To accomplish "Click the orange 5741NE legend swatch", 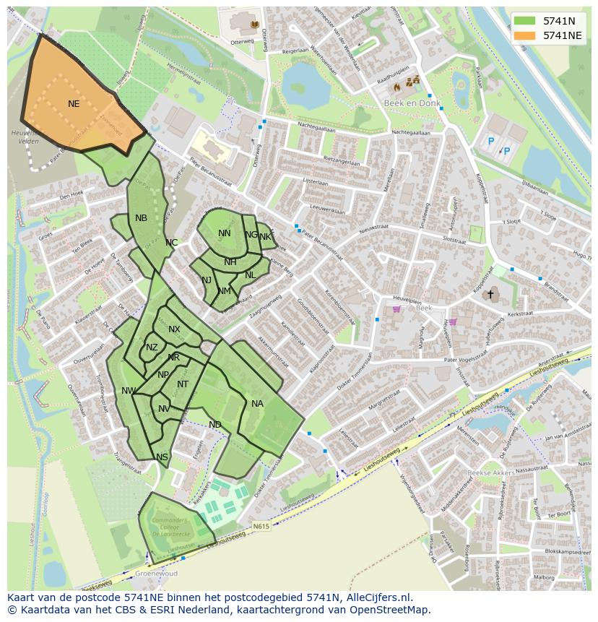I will pyautogui.click(x=525, y=35).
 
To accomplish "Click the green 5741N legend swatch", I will pyautogui.click(x=525, y=21).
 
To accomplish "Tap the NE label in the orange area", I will pyautogui.click(x=74, y=104).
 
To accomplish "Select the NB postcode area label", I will pyautogui.click(x=141, y=218).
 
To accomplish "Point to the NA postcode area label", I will pyautogui.click(x=257, y=404).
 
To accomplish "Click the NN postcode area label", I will pyautogui.click(x=225, y=233).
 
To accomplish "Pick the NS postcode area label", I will pyautogui.click(x=162, y=457).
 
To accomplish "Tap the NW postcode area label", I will pyautogui.click(x=129, y=391).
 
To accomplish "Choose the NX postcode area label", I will pyautogui.click(x=174, y=329).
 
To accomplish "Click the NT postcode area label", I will pyautogui.click(x=183, y=384).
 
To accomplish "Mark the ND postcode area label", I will pyautogui.click(x=215, y=425).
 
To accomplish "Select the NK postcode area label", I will pyautogui.click(x=265, y=237).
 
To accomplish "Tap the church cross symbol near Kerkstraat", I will pyautogui.click(x=490, y=294).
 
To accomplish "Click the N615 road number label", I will pyautogui.click(x=261, y=527).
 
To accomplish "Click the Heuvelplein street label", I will pyautogui.click(x=406, y=297).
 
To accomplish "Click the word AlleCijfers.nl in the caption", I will pyautogui.click(x=377, y=597).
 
